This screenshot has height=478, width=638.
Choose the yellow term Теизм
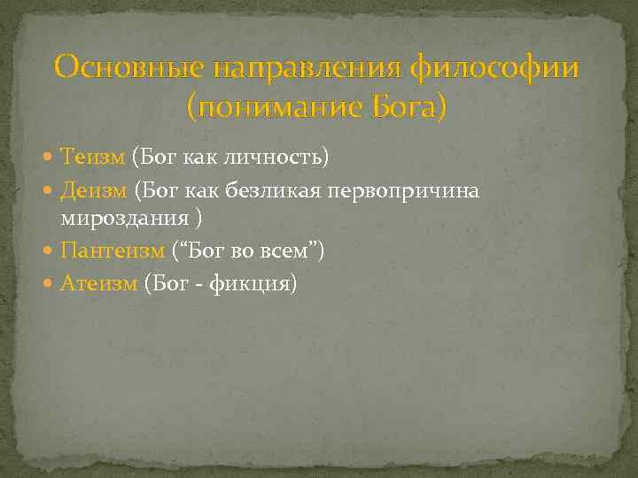click(x=93, y=157)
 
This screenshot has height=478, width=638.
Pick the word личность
click(x=281, y=158)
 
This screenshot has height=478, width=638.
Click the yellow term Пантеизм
click(x=113, y=251)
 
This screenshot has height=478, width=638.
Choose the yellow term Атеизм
click(x=99, y=283)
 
